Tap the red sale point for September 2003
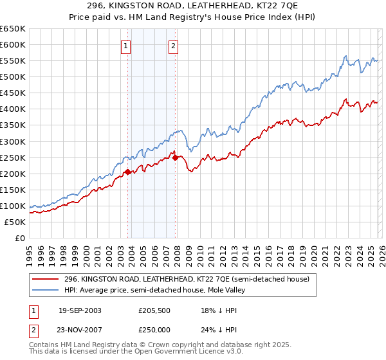tap(128, 172)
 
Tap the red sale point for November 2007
tap(175, 157)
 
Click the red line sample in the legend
tap(46, 279)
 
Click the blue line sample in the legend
tap(46, 290)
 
